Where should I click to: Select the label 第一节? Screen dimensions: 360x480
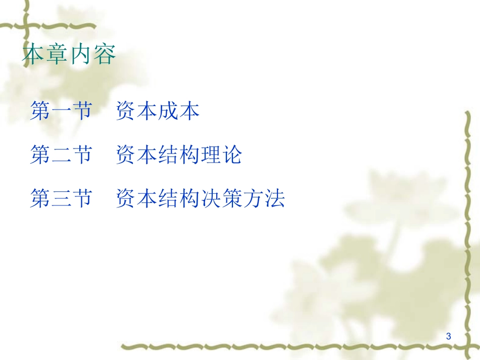click(61, 111)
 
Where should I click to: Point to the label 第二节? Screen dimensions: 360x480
click(61, 155)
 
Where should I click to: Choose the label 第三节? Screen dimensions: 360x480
click(61, 198)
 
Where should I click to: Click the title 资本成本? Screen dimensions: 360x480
click(158, 111)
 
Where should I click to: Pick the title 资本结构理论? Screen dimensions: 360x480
click(179, 155)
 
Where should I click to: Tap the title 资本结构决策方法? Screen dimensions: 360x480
click(200, 198)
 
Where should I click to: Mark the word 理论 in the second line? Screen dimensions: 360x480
click(221, 155)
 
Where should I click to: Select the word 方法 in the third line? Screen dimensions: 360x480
click(264, 198)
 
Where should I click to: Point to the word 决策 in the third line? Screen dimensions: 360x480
click(221, 198)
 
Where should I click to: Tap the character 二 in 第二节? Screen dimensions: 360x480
click(61, 155)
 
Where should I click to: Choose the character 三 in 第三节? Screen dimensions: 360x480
click(61, 198)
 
